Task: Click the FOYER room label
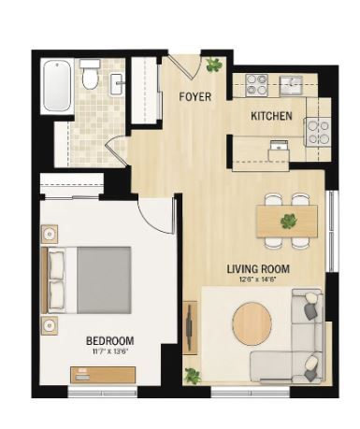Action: tap(195, 97)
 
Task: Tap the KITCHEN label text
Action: tap(271, 116)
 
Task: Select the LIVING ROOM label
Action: tap(258, 269)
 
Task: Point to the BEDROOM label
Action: tap(110, 341)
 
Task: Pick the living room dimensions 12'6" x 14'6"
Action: tap(258, 279)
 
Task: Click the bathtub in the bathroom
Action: tap(57, 86)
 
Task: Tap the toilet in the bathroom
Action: tap(90, 75)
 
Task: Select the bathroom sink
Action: tap(117, 84)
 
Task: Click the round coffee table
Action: tap(252, 323)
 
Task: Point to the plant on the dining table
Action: tap(289, 221)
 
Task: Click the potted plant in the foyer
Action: tap(214, 64)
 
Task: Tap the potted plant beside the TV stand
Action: tap(193, 375)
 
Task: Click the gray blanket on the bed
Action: tap(104, 280)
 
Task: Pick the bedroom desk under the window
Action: tap(103, 375)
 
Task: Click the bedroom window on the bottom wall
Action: tap(103, 393)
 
